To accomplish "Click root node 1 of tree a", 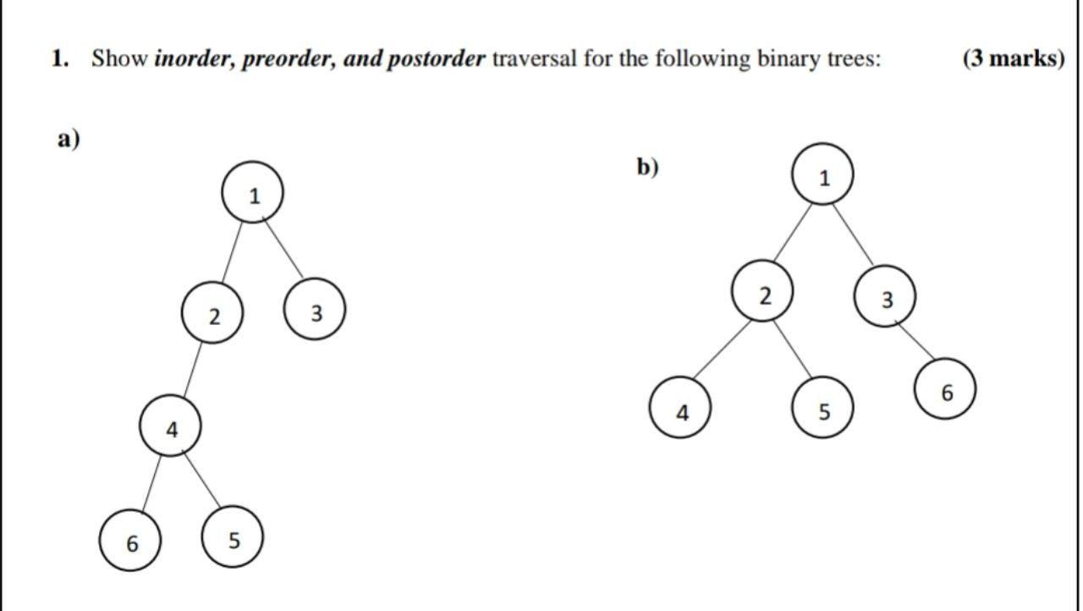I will (252, 193).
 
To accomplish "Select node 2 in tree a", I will (212, 314).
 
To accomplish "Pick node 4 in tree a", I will (171, 427).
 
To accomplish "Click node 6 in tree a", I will (130, 541).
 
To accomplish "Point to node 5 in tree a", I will (233, 537).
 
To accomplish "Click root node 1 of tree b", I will (822, 175).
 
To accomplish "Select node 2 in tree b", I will (763, 293).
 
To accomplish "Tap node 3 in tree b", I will (885, 298).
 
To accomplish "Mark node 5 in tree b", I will (822, 410).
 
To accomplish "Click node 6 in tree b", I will (945, 390).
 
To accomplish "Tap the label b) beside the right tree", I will (647, 167).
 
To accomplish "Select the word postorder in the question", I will (437, 59).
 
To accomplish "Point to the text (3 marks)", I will (1013, 59).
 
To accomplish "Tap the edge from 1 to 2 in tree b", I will (793, 234).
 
